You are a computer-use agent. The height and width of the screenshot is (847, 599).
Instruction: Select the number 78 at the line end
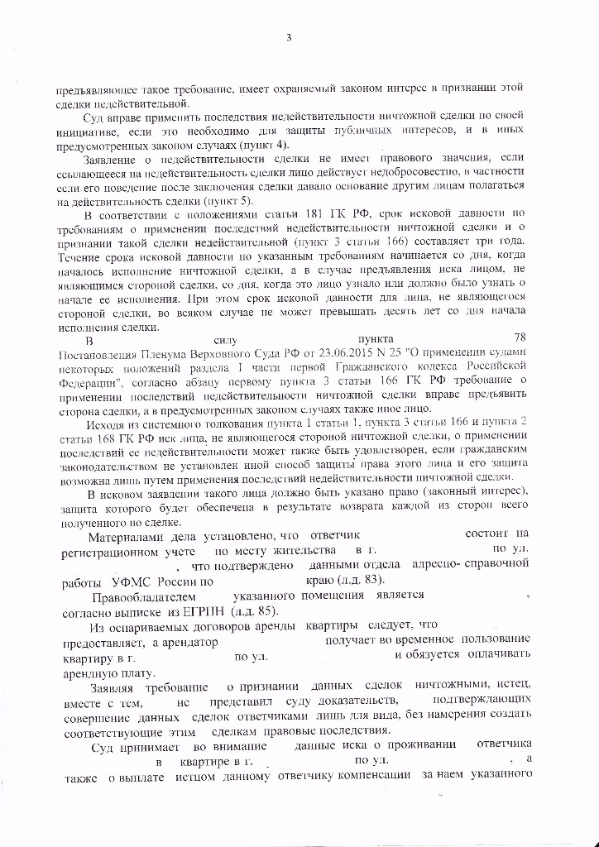tap(520, 338)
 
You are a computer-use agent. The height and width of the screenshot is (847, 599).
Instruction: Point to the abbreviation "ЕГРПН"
tap(206, 610)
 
